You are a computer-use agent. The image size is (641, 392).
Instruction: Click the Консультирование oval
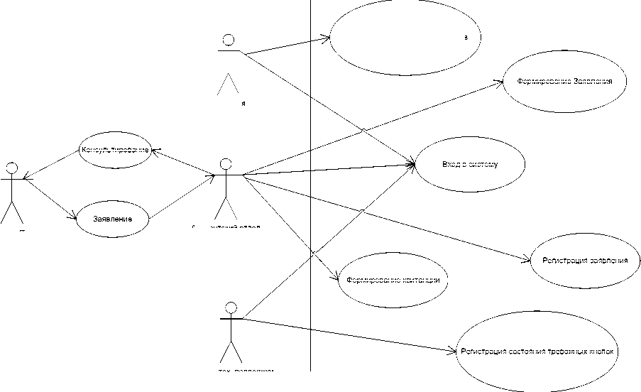tap(115, 150)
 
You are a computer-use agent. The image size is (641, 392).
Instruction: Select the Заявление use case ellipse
tap(113, 219)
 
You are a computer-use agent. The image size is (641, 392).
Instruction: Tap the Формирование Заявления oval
tap(565, 81)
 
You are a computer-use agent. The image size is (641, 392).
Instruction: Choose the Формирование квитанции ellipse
tap(393, 280)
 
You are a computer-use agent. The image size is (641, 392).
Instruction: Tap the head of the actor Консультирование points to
tap(11, 168)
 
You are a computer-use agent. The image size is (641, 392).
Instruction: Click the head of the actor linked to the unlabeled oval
tap(228, 39)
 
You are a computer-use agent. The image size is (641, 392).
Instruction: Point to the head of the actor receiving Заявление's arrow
tap(225, 164)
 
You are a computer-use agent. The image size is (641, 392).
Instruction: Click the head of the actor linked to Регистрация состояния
tap(229, 308)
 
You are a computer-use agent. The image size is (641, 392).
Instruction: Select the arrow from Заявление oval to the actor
tap(183, 195)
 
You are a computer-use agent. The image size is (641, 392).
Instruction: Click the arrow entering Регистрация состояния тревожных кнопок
tap(348, 334)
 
